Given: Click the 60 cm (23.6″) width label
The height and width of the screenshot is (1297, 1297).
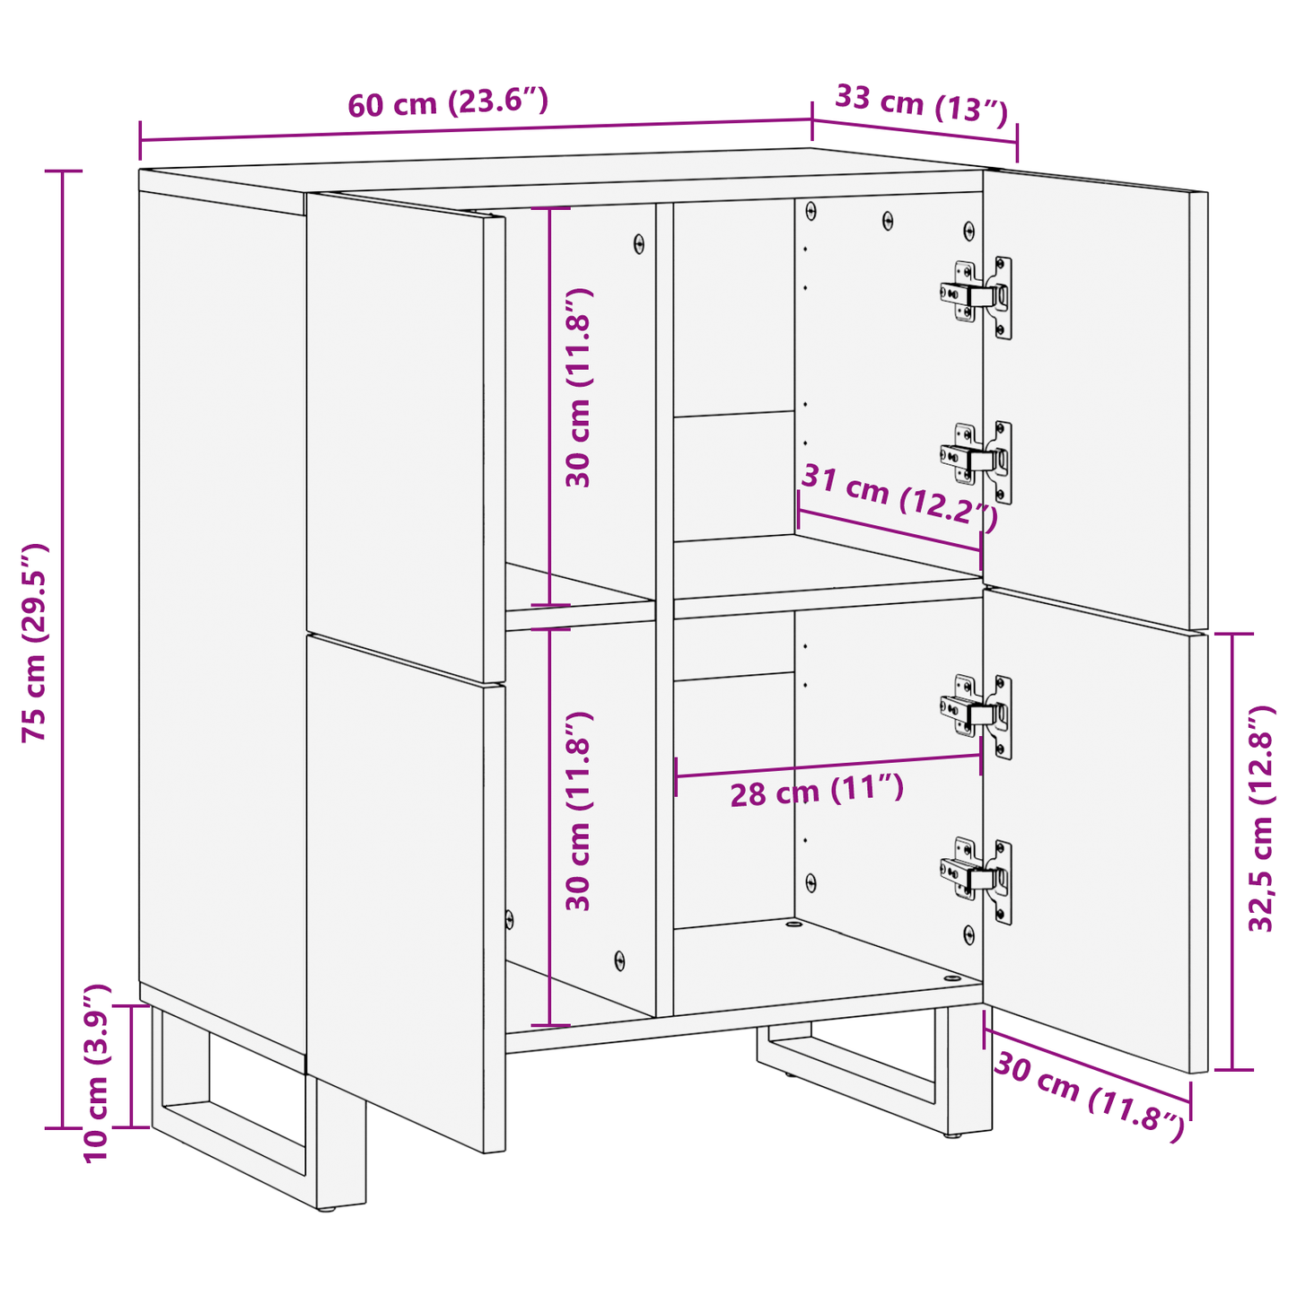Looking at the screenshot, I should click(448, 103).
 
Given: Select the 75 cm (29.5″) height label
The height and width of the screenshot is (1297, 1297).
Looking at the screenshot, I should click(35, 642).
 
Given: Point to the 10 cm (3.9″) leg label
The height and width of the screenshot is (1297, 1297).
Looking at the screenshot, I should click(96, 1073).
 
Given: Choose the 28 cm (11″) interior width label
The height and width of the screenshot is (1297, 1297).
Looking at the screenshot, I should click(816, 792).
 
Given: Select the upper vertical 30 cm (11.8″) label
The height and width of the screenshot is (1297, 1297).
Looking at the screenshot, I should click(579, 388).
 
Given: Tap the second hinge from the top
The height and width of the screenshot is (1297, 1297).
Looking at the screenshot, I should click(977, 460).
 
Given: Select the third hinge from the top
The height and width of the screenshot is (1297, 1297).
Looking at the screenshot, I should click(977, 714).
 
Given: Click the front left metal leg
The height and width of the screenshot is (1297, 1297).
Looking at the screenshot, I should click(341, 1140).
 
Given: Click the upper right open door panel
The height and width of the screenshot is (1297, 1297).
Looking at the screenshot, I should click(1095, 395).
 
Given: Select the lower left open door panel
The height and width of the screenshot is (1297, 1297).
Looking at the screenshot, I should click(404, 889).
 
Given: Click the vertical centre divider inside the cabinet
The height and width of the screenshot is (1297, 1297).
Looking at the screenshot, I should click(664, 610).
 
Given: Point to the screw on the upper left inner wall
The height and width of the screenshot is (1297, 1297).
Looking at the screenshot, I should click(639, 243).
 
